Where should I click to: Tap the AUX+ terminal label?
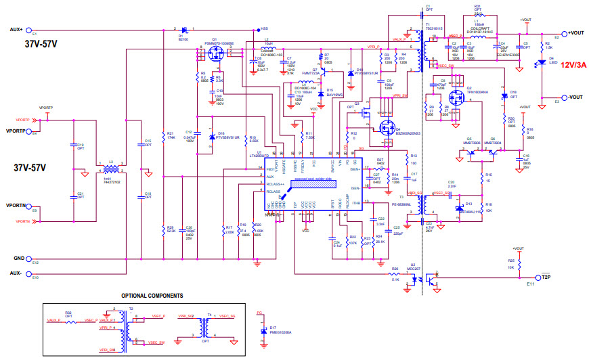[16, 29]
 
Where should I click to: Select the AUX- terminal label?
[16, 273]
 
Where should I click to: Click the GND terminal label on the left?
[18, 258]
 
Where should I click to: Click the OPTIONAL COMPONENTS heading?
[152, 296]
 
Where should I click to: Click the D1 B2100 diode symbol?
[184, 30]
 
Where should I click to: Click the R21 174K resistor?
[164, 135]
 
